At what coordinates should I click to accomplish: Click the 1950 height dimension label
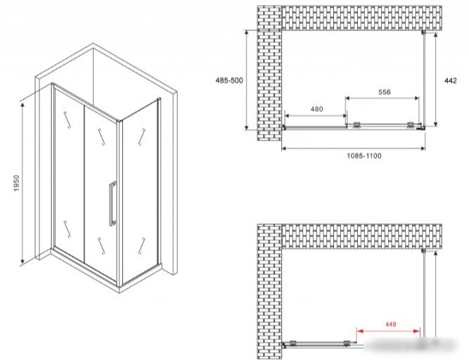[16, 183]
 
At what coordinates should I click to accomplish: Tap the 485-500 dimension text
[229, 80]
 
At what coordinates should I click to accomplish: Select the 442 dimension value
[451, 81]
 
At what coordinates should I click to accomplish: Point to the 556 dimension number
[385, 92]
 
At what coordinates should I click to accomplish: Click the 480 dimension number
[316, 109]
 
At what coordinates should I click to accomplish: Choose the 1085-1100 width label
[364, 156]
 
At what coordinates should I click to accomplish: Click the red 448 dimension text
[391, 324]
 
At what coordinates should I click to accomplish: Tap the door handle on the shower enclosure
[113, 203]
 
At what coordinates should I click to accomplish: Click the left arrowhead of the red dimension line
[360, 331]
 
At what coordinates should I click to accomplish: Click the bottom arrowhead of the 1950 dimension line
[22, 262]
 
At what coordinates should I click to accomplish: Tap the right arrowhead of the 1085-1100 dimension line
[423, 148]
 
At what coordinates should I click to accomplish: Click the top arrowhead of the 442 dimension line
[436, 35]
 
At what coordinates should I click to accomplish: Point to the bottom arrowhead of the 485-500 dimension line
[247, 127]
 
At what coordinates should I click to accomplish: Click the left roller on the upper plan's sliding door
[356, 125]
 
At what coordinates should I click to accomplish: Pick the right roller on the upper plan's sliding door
[411, 125]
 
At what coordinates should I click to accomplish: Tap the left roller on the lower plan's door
[293, 343]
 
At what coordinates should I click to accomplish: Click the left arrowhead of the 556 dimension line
[348, 98]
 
